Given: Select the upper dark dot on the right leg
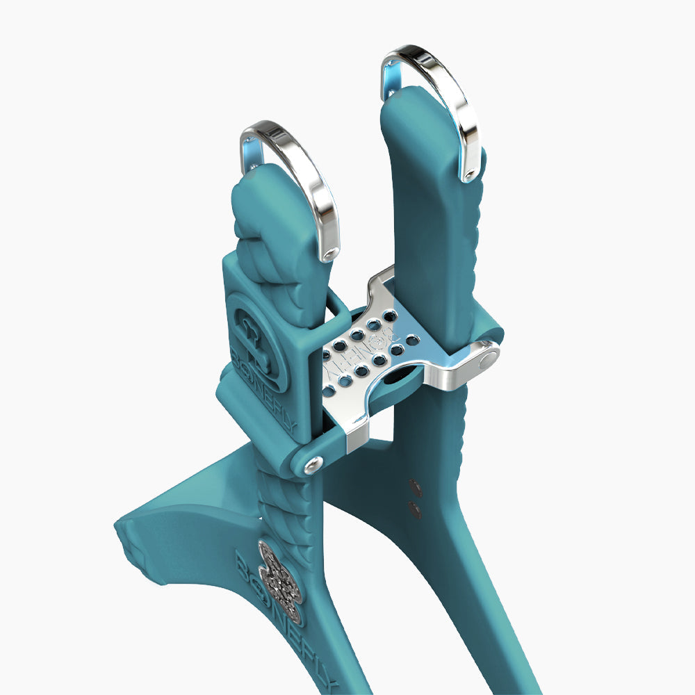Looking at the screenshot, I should click(x=416, y=487).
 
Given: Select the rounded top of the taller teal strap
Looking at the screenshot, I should click(x=414, y=104).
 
